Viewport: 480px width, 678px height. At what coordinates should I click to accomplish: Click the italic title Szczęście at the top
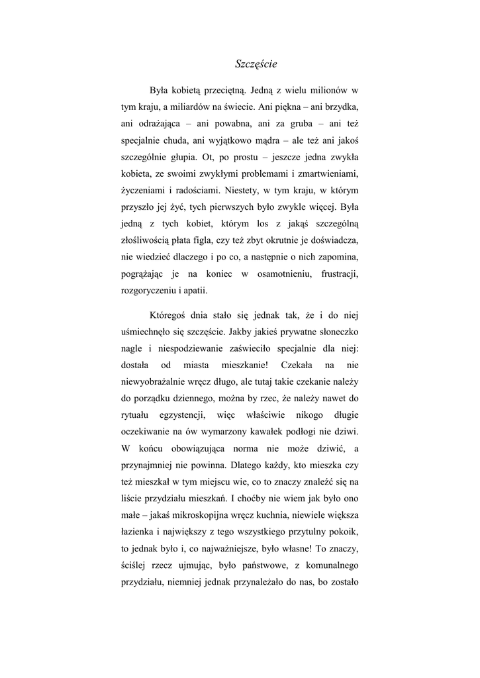pos(256,64)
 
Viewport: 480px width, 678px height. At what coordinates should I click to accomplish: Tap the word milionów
pos(327,90)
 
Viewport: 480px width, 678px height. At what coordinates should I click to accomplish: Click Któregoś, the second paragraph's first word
pos(170,316)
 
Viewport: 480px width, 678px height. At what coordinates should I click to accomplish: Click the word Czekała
pos(297,365)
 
